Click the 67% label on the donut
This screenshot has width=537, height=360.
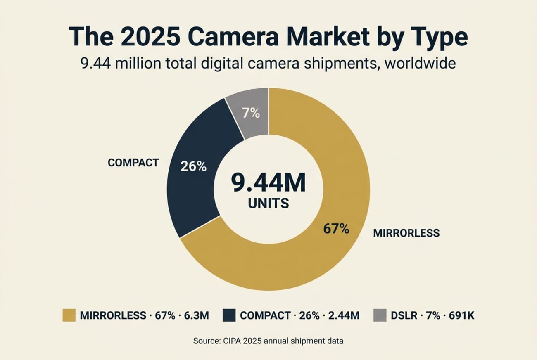(x=336, y=229)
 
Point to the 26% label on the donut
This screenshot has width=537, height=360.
(x=193, y=166)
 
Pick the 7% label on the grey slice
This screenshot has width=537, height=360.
(x=251, y=113)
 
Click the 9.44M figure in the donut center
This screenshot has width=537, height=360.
(x=268, y=183)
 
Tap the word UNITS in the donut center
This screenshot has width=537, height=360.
(x=268, y=203)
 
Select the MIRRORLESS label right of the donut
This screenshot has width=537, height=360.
(x=406, y=233)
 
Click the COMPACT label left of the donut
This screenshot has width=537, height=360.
(x=133, y=163)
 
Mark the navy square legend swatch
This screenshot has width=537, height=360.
(x=228, y=316)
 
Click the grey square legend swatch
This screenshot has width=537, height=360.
(x=380, y=316)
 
